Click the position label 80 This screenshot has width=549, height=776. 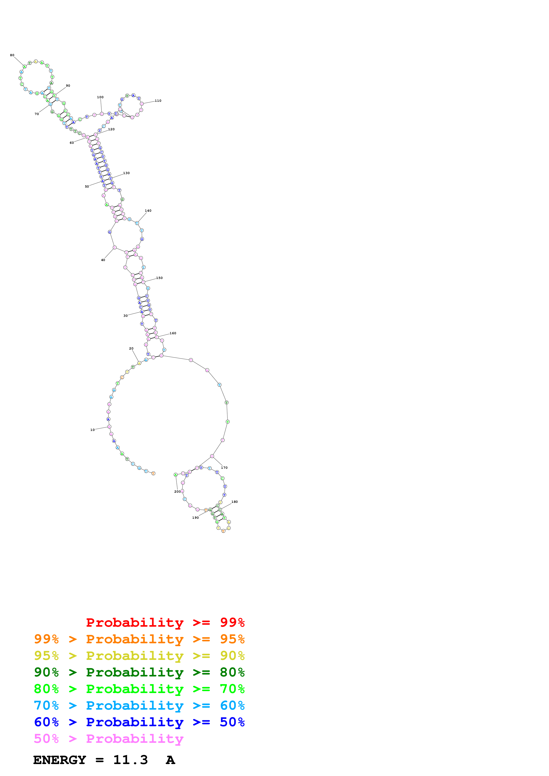(x=12, y=55)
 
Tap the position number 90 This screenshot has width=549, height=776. (x=68, y=86)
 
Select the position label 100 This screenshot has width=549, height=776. (x=100, y=97)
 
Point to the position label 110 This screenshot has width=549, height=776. (x=158, y=101)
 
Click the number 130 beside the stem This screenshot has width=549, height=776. (x=126, y=173)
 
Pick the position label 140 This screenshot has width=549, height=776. (x=148, y=211)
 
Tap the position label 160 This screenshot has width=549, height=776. (x=173, y=333)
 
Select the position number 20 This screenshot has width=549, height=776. (x=131, y=348)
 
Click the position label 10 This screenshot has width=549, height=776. (x=92, y=430)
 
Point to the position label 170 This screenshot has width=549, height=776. (x=224, y=468)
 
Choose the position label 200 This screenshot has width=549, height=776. (x=177, y=492)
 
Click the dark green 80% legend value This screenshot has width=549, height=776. (x=232, y=672)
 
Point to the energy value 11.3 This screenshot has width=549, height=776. (x=130, y=760)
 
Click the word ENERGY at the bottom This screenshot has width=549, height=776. (x=60, y=760)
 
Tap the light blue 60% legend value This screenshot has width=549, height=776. (x=232, y=705)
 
